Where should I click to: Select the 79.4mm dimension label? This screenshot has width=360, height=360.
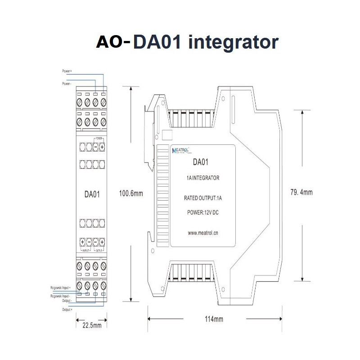click(300, 193)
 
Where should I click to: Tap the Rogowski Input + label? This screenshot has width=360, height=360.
click(61, 286)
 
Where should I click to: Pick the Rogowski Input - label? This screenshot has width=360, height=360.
click(61, 296)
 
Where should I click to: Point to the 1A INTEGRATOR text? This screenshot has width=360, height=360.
click(202, 178)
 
